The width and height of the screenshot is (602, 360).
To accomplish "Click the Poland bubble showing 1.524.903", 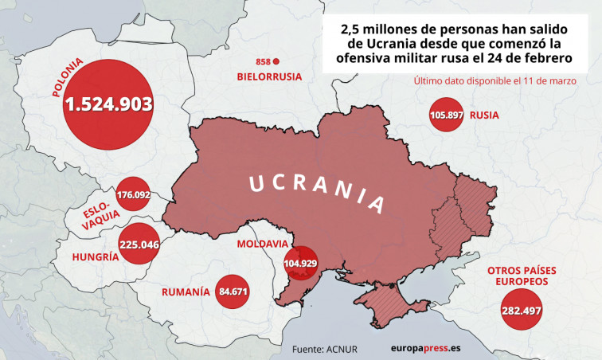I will pos(108,105).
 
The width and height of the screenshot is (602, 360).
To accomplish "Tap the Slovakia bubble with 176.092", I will pos(133,194).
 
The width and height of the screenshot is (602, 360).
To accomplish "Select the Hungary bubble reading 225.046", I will pos(138,245).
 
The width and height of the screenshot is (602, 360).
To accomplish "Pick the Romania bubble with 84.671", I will pos(233,292).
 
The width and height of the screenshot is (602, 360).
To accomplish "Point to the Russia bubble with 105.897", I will pos(446,115).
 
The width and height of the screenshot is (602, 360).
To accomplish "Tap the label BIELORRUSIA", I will pos(269,76).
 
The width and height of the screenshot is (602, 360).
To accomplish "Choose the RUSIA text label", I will pos(484,115).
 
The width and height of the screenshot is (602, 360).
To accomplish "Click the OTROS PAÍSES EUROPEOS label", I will pos(522,276).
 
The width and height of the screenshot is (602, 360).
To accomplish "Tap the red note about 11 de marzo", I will pos(494,80).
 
